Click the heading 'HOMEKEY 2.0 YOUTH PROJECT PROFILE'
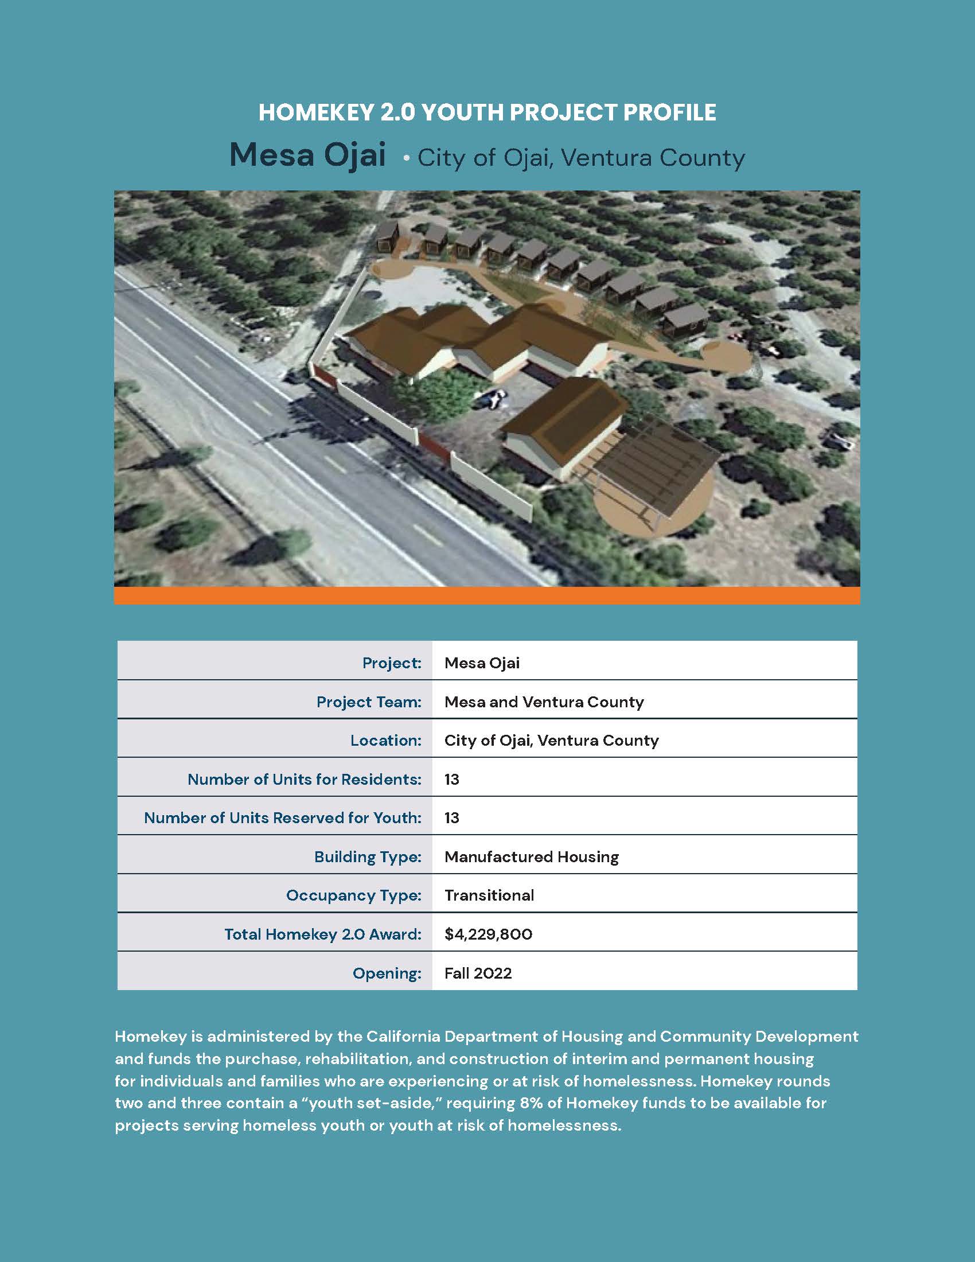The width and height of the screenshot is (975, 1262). [x=487, y=112]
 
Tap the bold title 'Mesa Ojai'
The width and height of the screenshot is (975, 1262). [x=307, y=155]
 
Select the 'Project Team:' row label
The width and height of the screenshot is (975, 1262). [x=369, y=702]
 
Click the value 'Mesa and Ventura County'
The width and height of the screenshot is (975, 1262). [x=544, y=702]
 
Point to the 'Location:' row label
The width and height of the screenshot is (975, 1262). [x=385, y=740]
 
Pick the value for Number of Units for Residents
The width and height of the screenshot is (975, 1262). [x=452, y=779]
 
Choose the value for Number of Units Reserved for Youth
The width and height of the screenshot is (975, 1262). [x=452, y=817]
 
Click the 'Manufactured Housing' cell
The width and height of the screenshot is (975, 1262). [x=532, y=856]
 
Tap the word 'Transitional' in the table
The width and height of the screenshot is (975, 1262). [x=489, y=895]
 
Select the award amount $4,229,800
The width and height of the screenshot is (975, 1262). [x=488, y=934]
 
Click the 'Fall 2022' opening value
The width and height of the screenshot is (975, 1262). [x=478, y=973]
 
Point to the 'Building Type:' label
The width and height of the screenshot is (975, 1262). [x=368, y=856]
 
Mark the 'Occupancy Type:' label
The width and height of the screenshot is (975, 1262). [x=353, y=895]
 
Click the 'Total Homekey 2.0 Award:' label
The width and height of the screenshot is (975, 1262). [x=322, y=934]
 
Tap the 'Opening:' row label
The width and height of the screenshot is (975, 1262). [x=387, y=973]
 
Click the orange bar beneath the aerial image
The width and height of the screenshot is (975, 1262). [x=487, y=595]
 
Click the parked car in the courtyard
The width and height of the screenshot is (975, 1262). [x=492, y=398]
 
